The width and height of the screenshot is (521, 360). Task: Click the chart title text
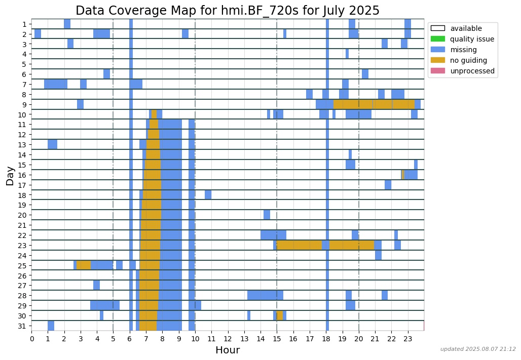tap(228, 11)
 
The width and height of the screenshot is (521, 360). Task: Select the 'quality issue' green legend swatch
tap(437, 39)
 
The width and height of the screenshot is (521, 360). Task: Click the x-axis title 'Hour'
tap(228, 350)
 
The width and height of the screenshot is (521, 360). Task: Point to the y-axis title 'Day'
tap(10, 175)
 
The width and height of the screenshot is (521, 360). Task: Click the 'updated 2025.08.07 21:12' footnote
tap(478, 349)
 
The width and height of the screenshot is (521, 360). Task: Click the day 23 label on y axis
tap(23, 246)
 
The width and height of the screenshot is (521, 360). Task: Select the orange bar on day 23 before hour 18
tap(300, 245)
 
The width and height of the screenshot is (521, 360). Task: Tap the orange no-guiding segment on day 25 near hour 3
tap(84, 265)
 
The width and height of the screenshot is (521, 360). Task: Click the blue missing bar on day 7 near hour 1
tap(56, 84)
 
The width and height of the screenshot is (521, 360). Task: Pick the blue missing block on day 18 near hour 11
tap(208, 195)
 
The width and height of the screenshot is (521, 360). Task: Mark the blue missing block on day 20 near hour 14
tap(267, 215)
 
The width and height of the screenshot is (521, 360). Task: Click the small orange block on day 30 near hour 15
tap(280, 315)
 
